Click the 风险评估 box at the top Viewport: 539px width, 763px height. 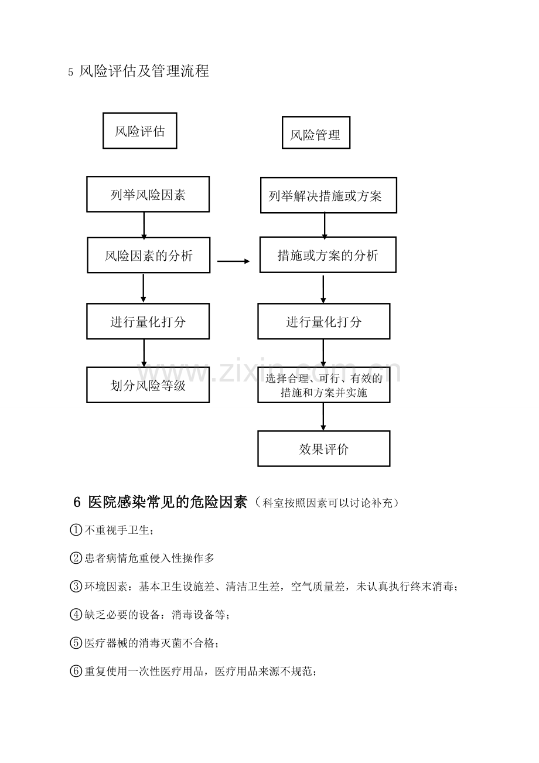(140, 131)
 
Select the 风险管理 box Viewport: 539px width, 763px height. (316, 132)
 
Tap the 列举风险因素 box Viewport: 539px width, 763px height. (148, 194)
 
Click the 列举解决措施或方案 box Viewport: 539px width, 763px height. (329, 195)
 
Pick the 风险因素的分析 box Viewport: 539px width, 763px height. (149, 255)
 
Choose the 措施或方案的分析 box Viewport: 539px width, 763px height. (328, 255)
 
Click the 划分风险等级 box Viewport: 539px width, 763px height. (148, 385)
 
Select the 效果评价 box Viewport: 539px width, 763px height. (324, 449)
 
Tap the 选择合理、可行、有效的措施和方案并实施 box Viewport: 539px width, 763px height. (324, 385)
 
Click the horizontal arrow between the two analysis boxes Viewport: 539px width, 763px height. (234, 261)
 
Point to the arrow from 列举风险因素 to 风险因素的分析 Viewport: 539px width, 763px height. (144, 226)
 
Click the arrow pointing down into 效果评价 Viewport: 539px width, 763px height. (323, 417)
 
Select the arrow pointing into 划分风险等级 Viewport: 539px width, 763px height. (144, 353)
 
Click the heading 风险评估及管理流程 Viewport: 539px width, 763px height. (144, 71)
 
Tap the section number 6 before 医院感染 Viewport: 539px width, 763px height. (77, 502)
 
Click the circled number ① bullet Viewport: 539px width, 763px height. (76, 530)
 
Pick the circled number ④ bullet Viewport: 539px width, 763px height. (76, 614)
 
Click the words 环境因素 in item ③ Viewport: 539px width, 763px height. (106, 586)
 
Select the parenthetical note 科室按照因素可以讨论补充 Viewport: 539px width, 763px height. (328, 503)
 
